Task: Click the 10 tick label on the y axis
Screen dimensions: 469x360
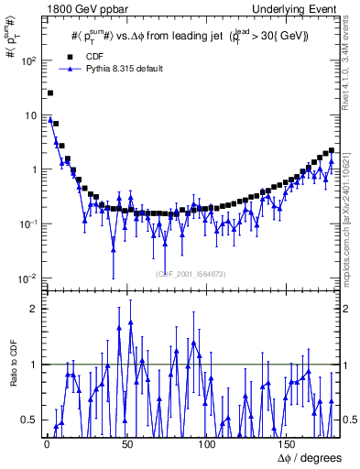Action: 30,115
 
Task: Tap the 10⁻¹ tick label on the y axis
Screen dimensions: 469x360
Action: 27,224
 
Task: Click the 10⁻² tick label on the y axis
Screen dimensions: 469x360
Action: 27,278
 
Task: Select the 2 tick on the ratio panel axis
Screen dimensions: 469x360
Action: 33,309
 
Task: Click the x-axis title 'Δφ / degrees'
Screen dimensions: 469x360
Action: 309,458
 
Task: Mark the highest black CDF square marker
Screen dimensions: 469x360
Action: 50,93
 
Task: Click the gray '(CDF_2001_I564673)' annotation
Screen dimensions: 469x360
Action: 191,274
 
